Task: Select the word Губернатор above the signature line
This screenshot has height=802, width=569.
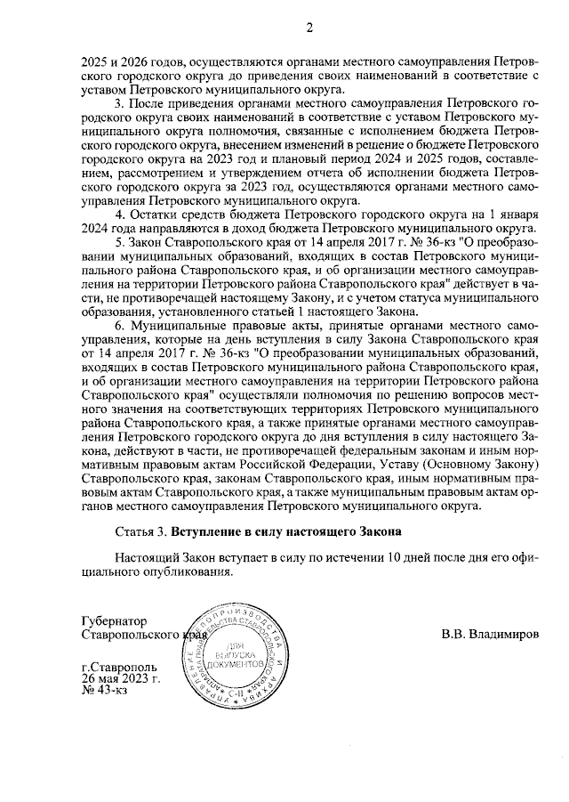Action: [113, 620]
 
